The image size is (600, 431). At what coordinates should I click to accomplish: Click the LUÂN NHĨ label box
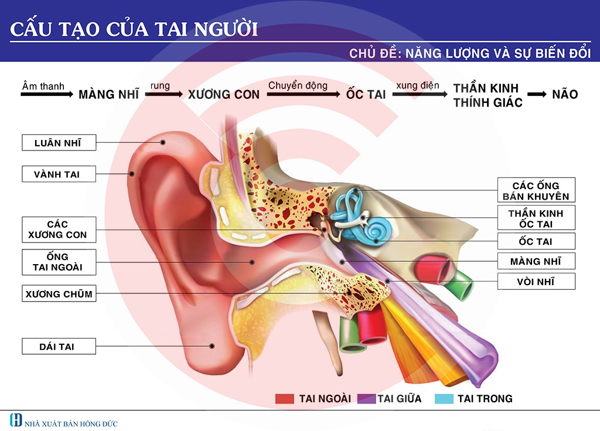57,143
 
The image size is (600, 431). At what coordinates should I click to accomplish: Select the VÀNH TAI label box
57,174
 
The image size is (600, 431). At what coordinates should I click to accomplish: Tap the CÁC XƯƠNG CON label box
57,230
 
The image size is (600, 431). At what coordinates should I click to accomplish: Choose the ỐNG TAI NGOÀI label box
57,262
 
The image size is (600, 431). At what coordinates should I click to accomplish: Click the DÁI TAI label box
57,347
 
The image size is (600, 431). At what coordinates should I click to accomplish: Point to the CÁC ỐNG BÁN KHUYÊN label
536,191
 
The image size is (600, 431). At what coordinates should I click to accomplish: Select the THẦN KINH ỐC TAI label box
536,218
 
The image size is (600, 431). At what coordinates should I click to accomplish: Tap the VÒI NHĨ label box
536,282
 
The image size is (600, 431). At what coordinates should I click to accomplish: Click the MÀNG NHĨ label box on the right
536,261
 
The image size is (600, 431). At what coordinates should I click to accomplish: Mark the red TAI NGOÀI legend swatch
284,399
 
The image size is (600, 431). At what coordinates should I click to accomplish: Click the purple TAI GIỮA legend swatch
366,399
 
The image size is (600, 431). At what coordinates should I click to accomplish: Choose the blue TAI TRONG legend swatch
445,399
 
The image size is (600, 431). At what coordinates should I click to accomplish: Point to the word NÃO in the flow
565,94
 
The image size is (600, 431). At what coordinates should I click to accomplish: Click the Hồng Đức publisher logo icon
16,420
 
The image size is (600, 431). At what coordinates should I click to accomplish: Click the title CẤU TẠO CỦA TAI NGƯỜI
134,29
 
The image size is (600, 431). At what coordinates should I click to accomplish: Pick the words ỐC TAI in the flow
366,94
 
